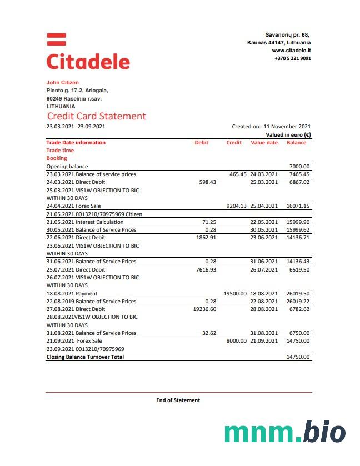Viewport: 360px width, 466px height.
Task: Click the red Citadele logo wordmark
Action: click(x=88, y=61)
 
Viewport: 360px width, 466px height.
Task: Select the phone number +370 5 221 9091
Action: click(x=292, y=58)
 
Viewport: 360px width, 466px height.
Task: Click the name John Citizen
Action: click(x=62, y=83)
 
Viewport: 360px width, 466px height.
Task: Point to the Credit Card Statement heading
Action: click(x=96, y=116)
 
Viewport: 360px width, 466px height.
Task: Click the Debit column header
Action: click(x=201, y=143)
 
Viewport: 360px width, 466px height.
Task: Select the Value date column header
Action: click(x=264, y=143)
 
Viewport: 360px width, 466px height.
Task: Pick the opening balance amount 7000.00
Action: click(x=299, y=167)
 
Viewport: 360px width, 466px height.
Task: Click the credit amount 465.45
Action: click(x=238, y=174)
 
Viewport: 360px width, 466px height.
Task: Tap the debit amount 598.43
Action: click(x=207, y=182)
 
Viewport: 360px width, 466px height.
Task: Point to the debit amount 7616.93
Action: click(x=206, y=269)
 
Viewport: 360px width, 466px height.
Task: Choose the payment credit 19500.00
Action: click(x=234, y=293)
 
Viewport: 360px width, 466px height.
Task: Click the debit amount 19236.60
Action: click(x=204, y=309)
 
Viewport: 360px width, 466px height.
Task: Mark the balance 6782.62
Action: click(x=298, y=309)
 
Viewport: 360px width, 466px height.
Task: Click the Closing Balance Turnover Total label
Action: click(x=85, y=357)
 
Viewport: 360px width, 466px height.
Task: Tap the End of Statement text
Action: click(x=178, y=400)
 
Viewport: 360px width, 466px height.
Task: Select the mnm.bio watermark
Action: click(x=284, y=432)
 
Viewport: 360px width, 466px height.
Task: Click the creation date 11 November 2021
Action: click(x=287, y=127)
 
